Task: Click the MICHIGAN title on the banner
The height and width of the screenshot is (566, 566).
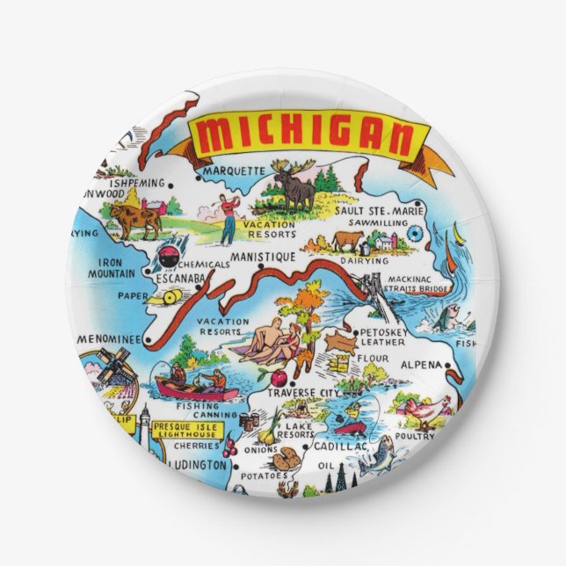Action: (303, 137)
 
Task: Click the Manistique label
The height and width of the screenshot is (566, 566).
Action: (262, 258)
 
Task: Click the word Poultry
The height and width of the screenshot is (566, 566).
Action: (414, 436)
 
